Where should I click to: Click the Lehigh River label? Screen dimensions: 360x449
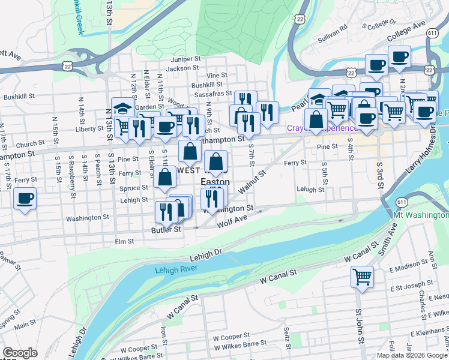(176, 271)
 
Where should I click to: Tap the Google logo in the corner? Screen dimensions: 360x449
(20, 353)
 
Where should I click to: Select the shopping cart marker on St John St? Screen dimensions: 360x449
(363, 277)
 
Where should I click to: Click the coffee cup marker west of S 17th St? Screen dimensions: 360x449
(25, 199)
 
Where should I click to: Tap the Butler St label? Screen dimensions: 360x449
(166, 230)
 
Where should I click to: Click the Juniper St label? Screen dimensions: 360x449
(185, 59)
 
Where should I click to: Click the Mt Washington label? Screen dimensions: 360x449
(421, 214)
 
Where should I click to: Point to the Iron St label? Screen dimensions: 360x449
(163, 332)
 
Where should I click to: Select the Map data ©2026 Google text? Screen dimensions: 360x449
(411, 355)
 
